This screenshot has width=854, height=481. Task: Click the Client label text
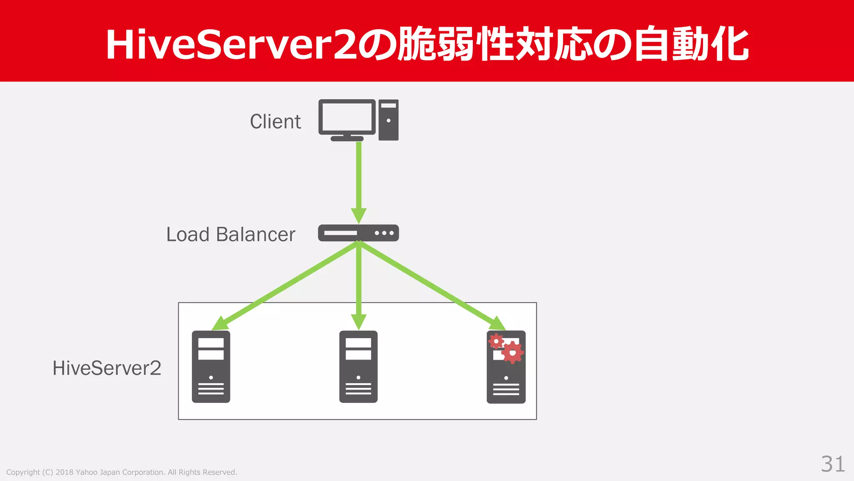275,122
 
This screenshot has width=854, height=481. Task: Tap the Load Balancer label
231,234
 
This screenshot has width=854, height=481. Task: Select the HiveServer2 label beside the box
107,368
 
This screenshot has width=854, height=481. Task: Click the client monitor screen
347,117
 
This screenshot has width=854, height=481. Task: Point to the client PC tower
389,120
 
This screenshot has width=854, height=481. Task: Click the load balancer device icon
358,233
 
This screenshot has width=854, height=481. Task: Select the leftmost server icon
211,367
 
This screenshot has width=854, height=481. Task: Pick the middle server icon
358,367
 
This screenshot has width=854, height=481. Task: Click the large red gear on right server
512,352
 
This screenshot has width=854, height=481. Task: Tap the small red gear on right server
496,342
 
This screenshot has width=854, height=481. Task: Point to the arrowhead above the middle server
359,322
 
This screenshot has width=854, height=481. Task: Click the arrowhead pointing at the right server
497,324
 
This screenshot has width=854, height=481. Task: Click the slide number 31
833,464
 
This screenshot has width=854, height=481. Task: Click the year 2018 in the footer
64,472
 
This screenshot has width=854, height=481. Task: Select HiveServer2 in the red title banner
231,45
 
